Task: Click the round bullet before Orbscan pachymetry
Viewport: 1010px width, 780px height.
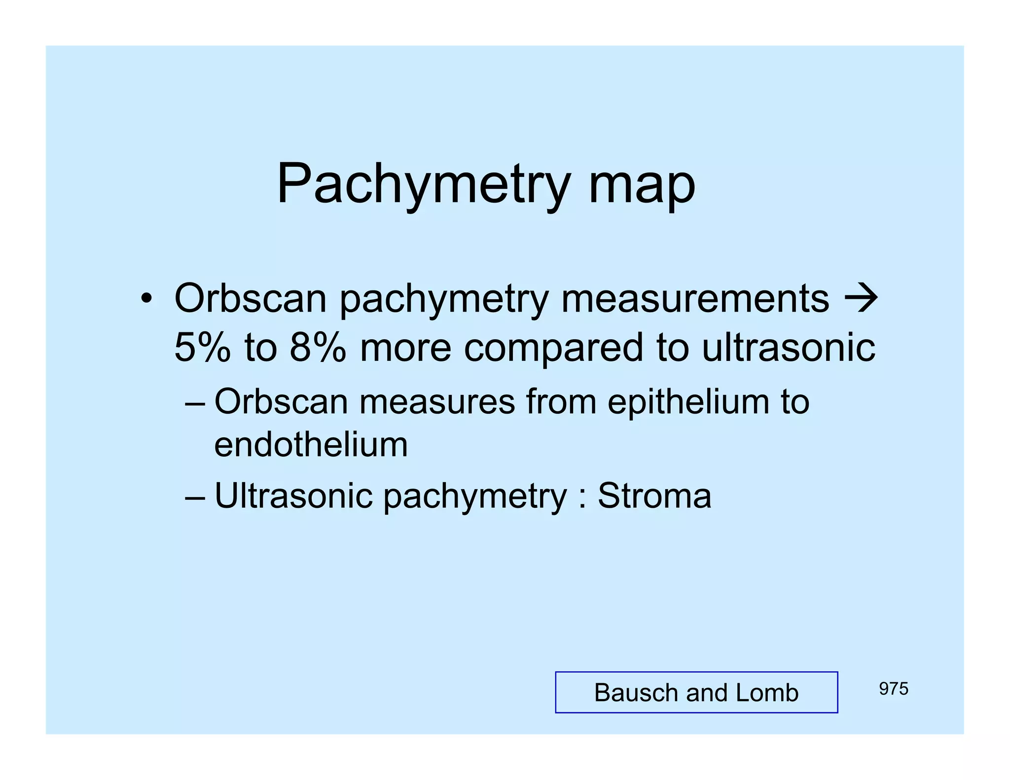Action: [146, 299]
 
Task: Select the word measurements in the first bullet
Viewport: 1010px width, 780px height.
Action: [695, 299]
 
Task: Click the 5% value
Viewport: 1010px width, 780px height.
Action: [203, 347]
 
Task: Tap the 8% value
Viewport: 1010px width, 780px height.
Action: [318, 347]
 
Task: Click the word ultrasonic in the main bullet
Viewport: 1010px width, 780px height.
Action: [789, 347]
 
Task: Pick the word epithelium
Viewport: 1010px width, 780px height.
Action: [688, 402]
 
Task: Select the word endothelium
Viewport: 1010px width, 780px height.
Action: [311, 445]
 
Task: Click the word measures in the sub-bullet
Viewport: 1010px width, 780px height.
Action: [437, 402]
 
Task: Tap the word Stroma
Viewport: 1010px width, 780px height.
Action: [654, 496]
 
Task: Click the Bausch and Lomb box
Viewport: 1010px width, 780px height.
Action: [696, 692]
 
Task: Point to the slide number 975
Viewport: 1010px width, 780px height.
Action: [893, 689]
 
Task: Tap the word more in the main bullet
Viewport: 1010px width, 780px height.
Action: [405, 348]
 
